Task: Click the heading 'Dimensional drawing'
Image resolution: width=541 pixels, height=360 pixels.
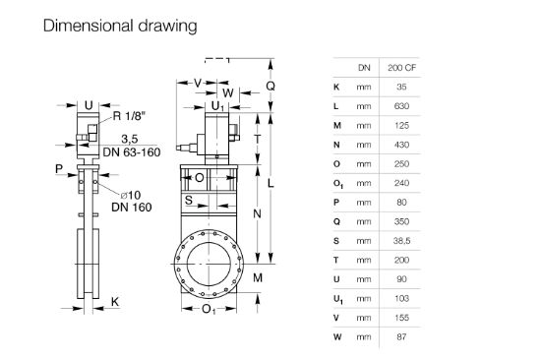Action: pos(120,27)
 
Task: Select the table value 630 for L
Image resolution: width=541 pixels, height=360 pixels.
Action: pos(401,106)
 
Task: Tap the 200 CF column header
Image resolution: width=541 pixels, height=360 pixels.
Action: pos(401,68)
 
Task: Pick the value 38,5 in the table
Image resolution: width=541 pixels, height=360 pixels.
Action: pos(401,241)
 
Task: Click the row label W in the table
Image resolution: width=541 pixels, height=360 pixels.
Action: pos(337,336)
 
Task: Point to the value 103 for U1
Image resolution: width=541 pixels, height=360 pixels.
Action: pos(401,298)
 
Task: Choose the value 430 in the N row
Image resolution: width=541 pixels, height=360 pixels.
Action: pos(401,145)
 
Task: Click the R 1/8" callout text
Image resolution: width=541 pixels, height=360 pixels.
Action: pos(129,116)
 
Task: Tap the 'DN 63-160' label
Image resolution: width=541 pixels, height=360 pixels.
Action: pos(132,152)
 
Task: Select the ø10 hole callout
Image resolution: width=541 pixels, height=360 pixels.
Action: pos(131,196)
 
